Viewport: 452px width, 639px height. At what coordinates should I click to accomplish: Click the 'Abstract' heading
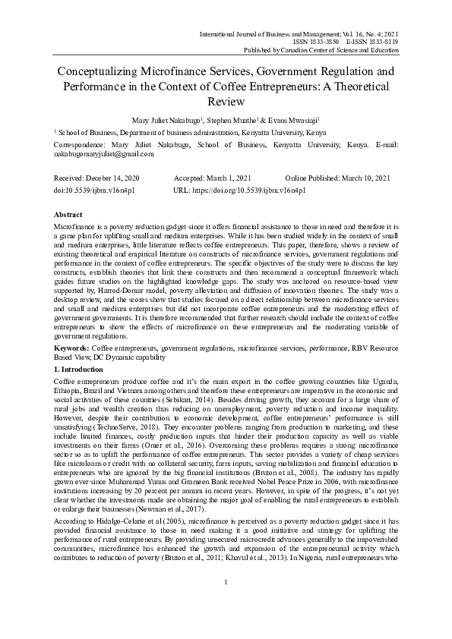(68, 216)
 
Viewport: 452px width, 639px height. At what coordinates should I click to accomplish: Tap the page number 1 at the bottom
(226, 603)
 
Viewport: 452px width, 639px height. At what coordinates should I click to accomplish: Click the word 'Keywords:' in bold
(73, 347)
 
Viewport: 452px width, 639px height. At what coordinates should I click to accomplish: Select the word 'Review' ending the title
(226, 101)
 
